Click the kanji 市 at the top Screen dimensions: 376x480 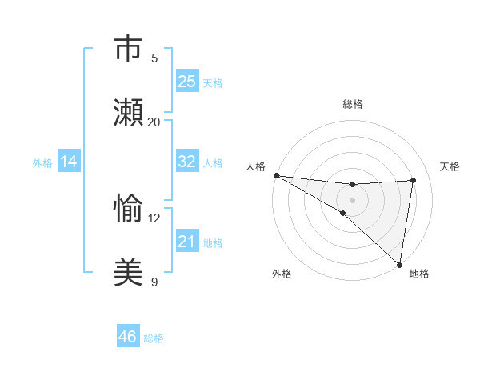[x=128, y=50]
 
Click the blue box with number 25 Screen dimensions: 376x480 [x=186, y=81]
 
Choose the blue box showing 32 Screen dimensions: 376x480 [x=186, y=161]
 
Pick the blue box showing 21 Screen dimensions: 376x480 [x=186, y=241]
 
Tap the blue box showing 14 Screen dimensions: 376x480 [x=69, y=161]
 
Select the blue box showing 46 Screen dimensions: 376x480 [x=127, y=337]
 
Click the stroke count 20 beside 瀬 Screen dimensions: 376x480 [x=154, y=122]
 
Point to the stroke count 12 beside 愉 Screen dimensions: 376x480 [x=154, y=218]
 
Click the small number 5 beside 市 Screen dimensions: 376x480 [x=154, y=58]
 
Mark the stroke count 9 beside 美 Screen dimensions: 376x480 [x=154, y=282]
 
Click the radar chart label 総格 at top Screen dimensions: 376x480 [x=352, y=104]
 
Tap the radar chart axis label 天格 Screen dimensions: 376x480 [x=450, y=166]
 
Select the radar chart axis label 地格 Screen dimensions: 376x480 [x=419, y=274]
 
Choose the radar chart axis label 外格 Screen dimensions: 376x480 [x=282, y=274]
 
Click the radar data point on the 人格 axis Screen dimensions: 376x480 [x=276, y=175]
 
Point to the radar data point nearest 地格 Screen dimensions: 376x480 [x=399, y=264]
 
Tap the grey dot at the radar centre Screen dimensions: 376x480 [x=352, y=200]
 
